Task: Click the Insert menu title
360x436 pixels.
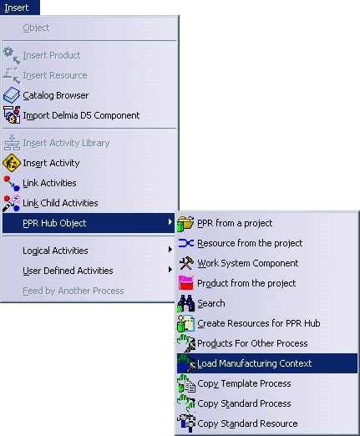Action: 17,8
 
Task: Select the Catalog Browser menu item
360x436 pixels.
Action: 56,95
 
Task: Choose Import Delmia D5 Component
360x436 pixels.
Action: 81,115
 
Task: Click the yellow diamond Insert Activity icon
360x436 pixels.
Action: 12,163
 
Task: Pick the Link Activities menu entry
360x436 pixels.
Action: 49,183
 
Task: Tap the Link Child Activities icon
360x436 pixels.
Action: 12,203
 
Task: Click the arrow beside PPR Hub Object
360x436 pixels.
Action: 170,222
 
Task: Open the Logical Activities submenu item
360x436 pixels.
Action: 55,251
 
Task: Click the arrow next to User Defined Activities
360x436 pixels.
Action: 170,270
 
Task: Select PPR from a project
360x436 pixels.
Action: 235,223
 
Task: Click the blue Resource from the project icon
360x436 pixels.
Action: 186,243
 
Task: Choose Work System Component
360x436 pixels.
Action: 248,263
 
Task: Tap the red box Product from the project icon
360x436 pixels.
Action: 186,283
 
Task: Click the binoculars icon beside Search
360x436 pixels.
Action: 186,303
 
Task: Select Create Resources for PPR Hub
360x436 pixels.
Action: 259,323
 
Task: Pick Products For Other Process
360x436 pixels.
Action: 252,343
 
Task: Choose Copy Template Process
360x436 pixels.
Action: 244,383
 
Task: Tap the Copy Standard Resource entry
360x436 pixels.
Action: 247,423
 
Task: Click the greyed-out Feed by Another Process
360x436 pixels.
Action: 74,291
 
